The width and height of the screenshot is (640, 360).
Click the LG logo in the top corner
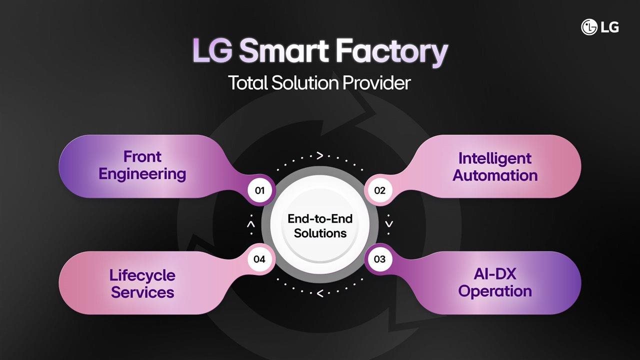click(600, 27)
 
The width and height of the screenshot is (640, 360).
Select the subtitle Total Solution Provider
click(319, 82)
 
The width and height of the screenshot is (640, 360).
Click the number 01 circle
click(259, 190)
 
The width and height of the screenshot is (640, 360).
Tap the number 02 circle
click(380, 190)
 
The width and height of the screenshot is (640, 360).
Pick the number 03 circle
click(380, 259)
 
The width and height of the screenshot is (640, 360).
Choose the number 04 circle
click(259, 259)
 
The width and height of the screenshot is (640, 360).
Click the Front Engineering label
click(142, 165)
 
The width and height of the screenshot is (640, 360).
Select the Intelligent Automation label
click(495, 167)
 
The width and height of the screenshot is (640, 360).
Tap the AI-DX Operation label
click(495, 282)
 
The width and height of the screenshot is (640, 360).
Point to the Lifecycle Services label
click(142, 283)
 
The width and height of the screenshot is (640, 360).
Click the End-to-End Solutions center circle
click(320, 225)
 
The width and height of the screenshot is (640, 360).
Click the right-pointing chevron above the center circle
click(319, 155)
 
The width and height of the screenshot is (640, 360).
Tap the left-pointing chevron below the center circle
click(319, 293)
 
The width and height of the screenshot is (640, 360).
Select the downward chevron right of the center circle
click(389, 224)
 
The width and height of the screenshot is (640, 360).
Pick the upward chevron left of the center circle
click(251, 225)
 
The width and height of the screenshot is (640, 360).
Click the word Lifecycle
click(142, 275)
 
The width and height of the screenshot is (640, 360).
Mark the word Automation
click(495, 175)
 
